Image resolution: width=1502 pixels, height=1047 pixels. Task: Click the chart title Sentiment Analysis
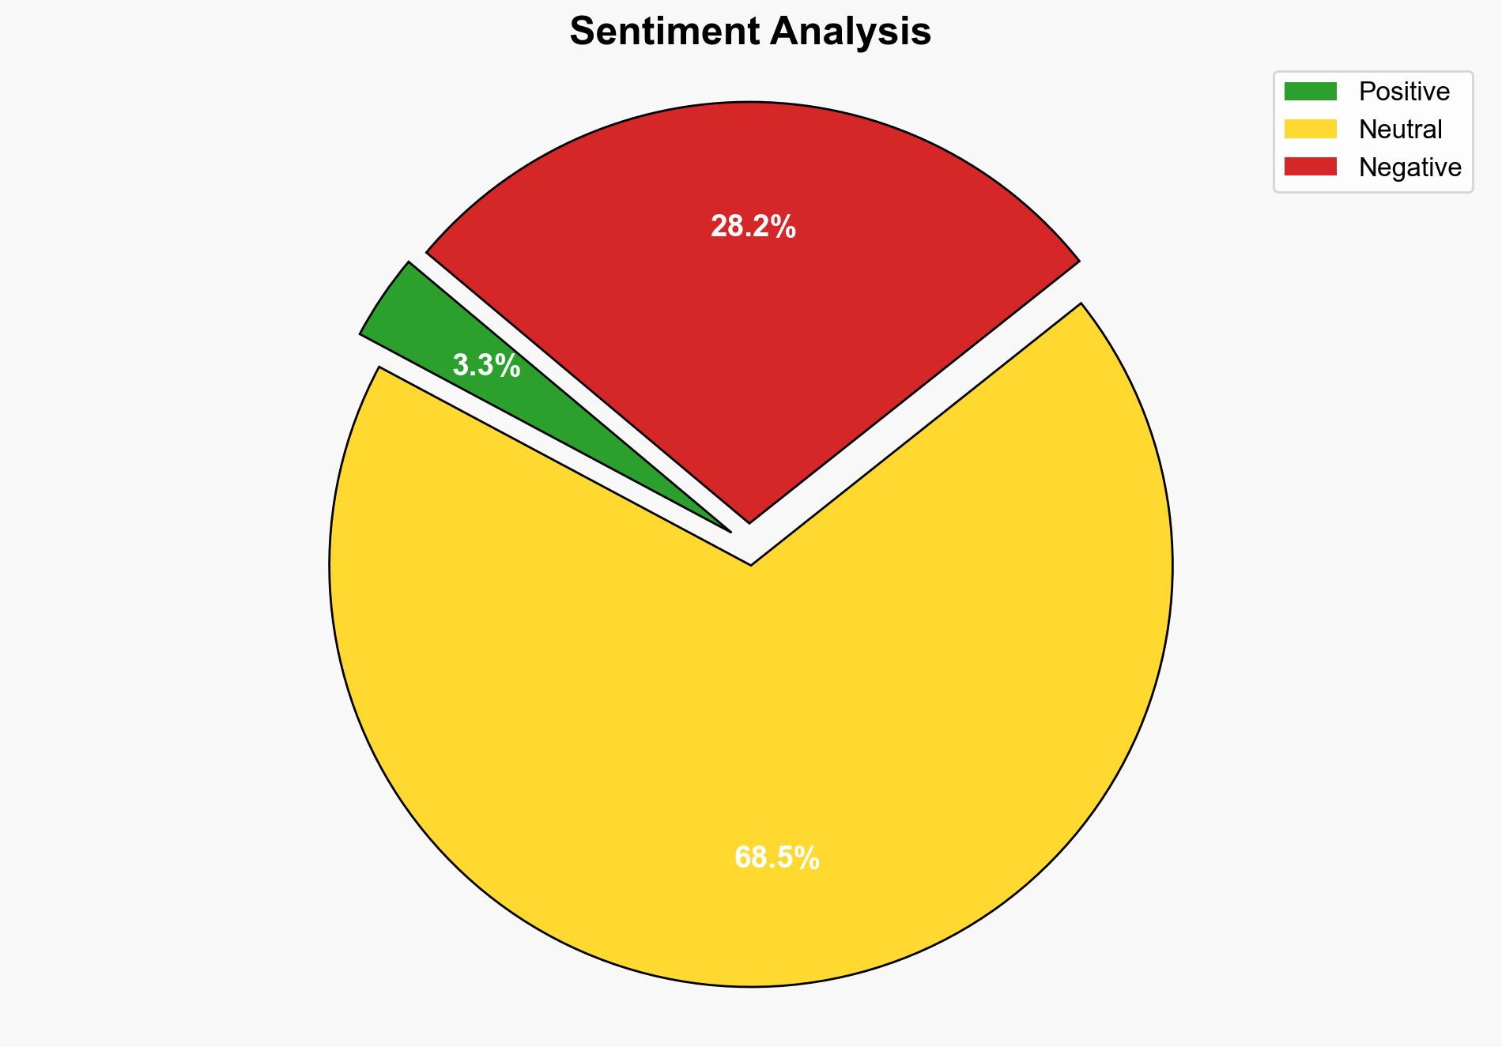[x=750, y=32]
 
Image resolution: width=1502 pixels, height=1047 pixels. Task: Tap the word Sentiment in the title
[x=664, y=32]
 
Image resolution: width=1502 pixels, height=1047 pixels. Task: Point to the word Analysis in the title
[x=851, y=32]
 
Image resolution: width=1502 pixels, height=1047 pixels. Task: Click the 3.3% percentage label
[x=486, y=366]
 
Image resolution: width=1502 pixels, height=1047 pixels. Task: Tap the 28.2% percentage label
[x=753, y=228]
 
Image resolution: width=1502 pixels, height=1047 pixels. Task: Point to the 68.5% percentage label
[x=776, y=858]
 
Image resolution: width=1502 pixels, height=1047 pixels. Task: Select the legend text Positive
[x=1404, y=92]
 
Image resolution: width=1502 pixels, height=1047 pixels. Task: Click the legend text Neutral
[x=1400, y=130]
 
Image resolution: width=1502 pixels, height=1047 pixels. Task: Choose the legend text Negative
[x=1410, y=168]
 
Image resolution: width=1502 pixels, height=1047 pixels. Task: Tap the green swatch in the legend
[x=1310, y=92]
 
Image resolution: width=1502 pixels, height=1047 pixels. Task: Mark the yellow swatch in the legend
[x=1310, y=129]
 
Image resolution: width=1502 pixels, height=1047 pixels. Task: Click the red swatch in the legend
[x=1310, y=167]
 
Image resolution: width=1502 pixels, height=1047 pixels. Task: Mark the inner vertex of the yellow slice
[x=750, y=564]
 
